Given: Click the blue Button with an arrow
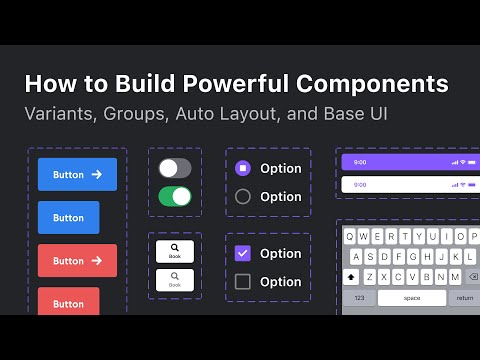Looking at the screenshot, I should click(77, 174).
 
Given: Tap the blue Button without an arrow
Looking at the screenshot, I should click(68, 217).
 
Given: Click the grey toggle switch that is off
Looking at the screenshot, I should click(175, 168).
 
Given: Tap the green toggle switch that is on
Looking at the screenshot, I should click(175, 196).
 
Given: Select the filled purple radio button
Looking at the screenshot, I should click(242, 168).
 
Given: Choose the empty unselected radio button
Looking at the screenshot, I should click(242, 197).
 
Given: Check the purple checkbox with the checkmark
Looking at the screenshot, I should click(242, 253).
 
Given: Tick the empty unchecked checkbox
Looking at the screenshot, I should click(242, 282).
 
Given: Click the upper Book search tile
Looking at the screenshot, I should click(175, 250).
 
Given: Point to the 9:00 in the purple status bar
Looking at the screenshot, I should click(360, 161).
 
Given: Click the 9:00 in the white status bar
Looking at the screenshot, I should click(360, 185).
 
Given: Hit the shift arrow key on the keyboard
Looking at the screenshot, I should click(352, 277).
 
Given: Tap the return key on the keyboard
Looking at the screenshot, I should click(465, 298).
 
